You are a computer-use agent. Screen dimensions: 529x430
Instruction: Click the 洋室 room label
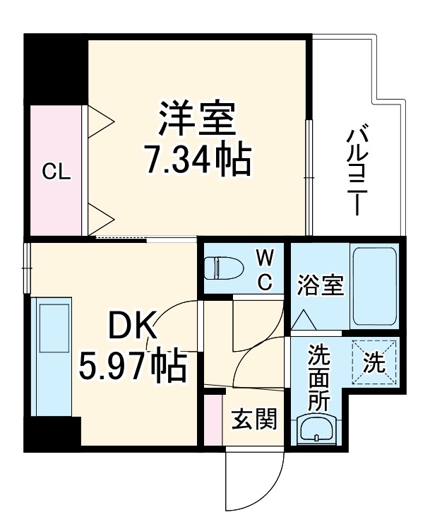pos(197,120)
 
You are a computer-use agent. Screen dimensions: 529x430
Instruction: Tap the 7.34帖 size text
pos(197,162)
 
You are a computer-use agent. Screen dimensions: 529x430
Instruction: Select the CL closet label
pos(56,171)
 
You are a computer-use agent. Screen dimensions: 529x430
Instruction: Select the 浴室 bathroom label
pos(320,285)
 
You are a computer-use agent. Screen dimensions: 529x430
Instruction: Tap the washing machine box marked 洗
pos(374,362)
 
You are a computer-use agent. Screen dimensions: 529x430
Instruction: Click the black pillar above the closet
pos(56,69)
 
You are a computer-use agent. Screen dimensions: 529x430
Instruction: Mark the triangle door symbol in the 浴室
pos(305,320)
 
